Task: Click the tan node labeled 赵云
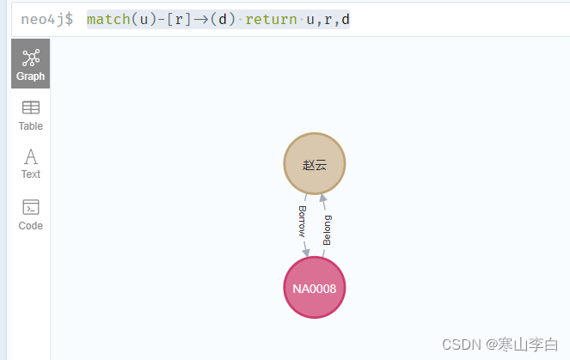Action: pyautogui.click(x=315, y=164)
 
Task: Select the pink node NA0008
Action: pyautogui.click(x=315, y=288)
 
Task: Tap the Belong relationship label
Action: pyautogui.click(x=327, y=230)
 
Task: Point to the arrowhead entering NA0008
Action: pyautogui.click(x=306, y=252)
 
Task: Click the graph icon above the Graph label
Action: pyautogui.click(x=31, y=57)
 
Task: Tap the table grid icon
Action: pyautogui.click(x=31, y=107)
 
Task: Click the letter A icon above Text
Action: pyautogui.click(x=31, y=156)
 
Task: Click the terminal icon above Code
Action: pyautogui.click(x=31, y=207)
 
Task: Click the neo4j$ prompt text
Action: pyautogui.click(x=46, y=18)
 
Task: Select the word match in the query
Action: pyautogui.click(x=108, y=18)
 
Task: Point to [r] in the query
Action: pyautogui.click(x=173, y=18)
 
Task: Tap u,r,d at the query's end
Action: pyautogui.click(x=328, y=18)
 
